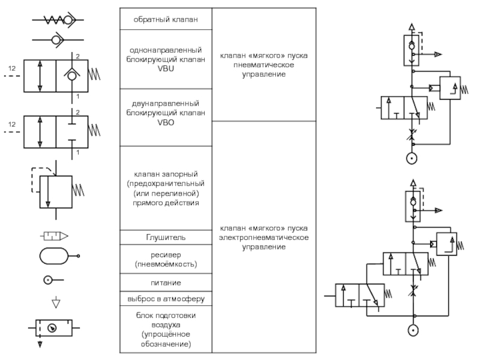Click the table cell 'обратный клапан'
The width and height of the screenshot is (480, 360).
point(166,19)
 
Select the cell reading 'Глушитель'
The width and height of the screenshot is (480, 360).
point(166,238)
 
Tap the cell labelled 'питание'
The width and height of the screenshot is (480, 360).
point(166,282)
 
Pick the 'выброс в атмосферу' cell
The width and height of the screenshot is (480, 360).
point(166,298)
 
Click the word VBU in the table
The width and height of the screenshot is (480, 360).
point(166,68)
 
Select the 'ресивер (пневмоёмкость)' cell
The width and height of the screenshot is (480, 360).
point(166,259)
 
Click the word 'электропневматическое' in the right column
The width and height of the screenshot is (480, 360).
point(264,238)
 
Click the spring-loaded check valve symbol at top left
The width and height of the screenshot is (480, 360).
point(56,20)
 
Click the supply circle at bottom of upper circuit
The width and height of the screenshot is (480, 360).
point(412,159)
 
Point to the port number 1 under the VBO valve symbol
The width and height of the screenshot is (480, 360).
point(76,154)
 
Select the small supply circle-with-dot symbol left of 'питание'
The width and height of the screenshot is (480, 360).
point(49,280)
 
